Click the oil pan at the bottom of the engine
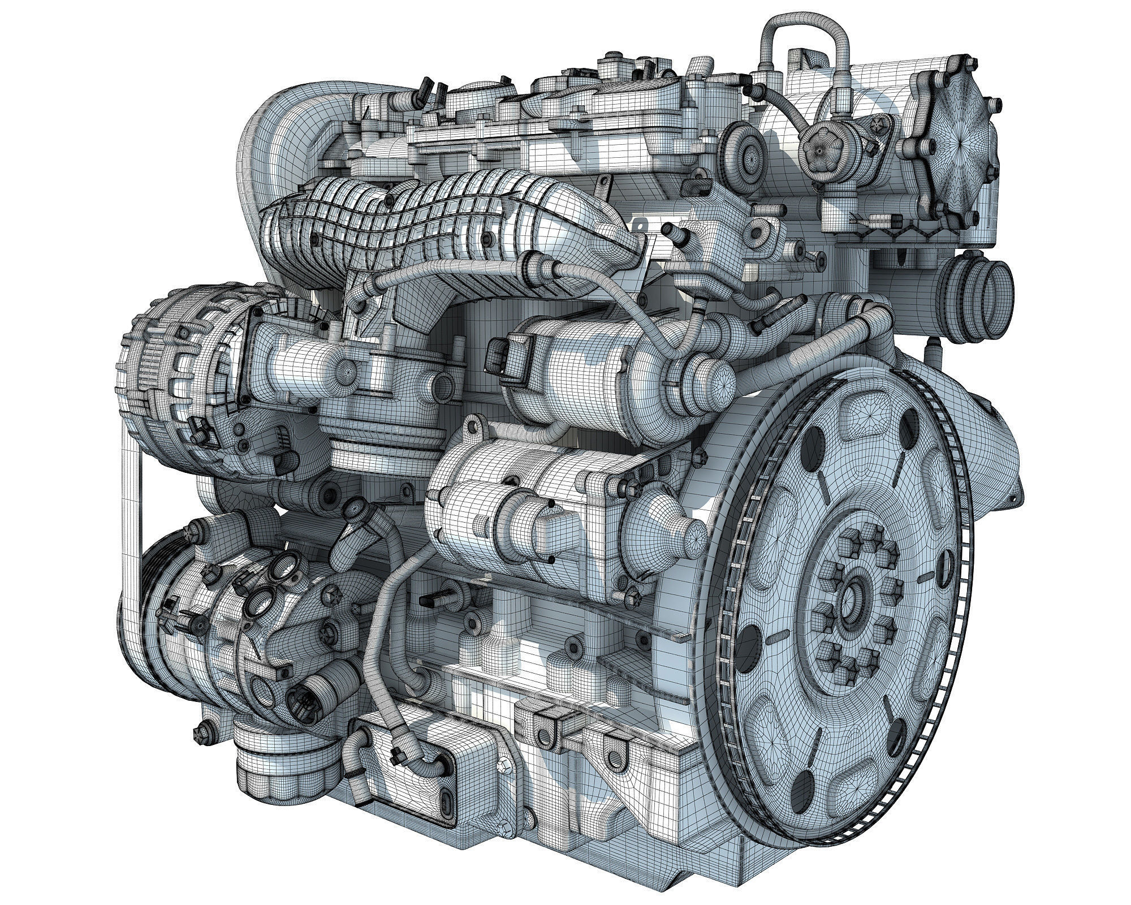coord(565,792)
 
